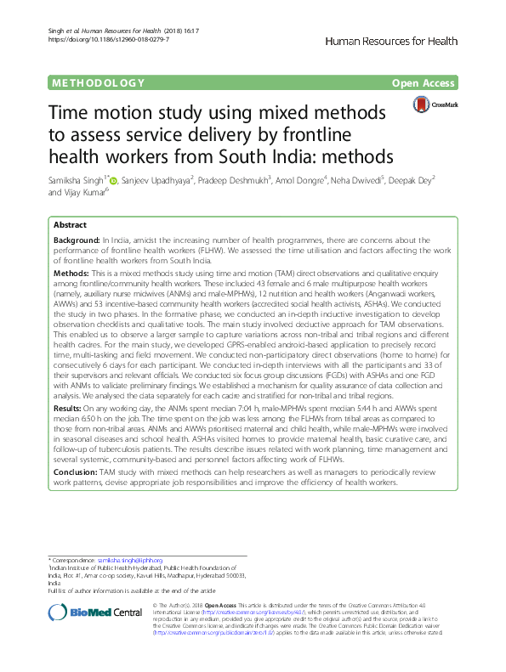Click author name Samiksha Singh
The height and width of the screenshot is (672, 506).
(77, 180)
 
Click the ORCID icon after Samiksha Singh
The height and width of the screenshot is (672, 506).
(115, 179)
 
